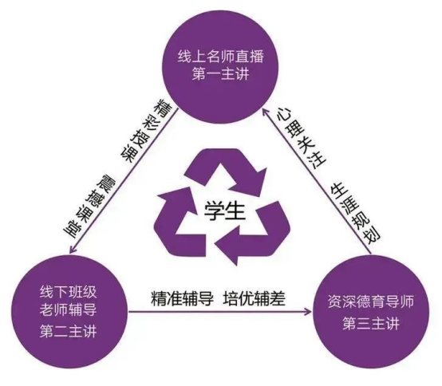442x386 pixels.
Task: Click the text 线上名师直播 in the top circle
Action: (x=221, y=57)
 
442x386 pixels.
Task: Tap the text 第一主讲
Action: (x=221, y=74)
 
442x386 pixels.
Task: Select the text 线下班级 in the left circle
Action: (x=69, y=292)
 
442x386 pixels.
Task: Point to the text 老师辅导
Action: (x=69, y=310)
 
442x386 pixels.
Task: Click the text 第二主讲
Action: (x=69, y=331)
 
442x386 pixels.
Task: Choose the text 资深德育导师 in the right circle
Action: (x=371, y=301)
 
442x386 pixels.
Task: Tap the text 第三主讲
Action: (x=371, y=324)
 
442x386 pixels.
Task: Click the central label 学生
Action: (x=225, y=211)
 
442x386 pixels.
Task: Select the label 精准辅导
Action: (x=183, y=298)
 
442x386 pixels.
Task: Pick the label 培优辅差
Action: (x=255, y=298)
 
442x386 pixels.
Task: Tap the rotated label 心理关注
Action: (x=301, y=137)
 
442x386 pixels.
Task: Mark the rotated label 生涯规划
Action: (x=356, y=214)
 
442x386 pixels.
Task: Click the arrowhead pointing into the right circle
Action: (x=308, y=312)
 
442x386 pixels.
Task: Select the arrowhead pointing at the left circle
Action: (x=74, y=248)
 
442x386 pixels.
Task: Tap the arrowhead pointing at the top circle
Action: (x=265, y=112)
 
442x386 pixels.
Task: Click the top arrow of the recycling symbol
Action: (x=227, y=171)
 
